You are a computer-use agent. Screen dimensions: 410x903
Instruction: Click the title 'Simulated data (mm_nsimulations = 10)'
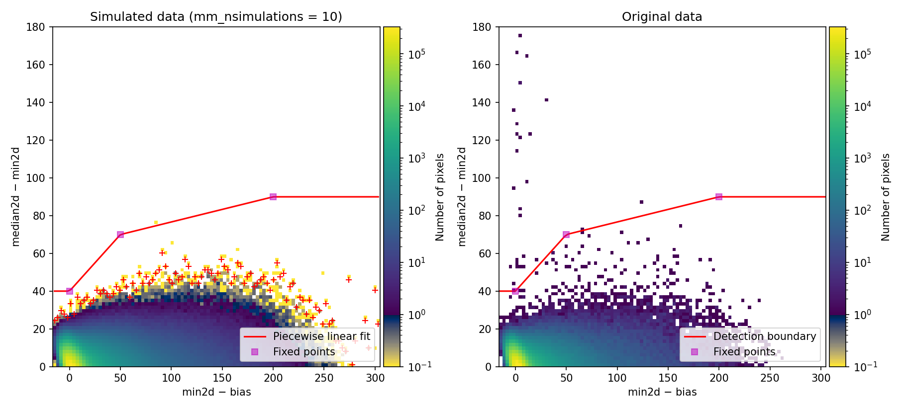click(x=216, y=16)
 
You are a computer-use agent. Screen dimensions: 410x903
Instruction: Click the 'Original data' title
click(x=662, y=16)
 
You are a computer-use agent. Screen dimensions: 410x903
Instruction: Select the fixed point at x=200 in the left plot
click(x=273, y=197)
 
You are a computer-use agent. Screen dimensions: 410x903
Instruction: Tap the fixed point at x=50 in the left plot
click(x=120, y=235)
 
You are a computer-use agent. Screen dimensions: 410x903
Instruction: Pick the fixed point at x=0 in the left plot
click(x=70, y=291)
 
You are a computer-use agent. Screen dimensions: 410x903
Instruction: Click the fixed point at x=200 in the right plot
click(x=719, y=197)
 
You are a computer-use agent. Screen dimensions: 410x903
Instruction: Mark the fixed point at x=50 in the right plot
click(x=566, y=235)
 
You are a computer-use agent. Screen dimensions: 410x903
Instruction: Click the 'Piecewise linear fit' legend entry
click(x=321, y=336)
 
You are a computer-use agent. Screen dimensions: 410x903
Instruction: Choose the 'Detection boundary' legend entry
click(x=764, y=336)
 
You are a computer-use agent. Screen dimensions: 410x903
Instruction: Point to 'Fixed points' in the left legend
click(x=303, y=352)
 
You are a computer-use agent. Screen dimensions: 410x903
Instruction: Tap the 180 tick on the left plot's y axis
click(x=35, y=27)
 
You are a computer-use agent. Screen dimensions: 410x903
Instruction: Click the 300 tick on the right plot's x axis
click(x=821, y=378)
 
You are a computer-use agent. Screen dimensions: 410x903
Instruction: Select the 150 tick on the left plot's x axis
click(x=222, y=378)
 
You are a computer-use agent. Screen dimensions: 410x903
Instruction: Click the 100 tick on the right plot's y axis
click(x=481, y=178)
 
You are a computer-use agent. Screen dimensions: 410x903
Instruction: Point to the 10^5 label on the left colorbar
click(x=416, y=54)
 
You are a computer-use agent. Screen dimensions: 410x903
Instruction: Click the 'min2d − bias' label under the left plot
click(x=216, y=392)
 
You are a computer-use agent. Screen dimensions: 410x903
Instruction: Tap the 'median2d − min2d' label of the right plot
click(x=462, y=196)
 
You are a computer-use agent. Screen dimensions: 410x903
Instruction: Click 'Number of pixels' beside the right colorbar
click(x=885, y=197)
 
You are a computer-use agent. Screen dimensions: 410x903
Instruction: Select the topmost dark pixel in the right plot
click(x=520, y=35)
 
